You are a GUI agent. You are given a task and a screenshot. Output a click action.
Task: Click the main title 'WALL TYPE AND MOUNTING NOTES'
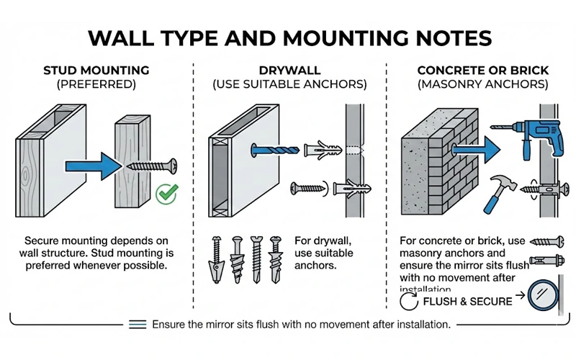pos(288,38)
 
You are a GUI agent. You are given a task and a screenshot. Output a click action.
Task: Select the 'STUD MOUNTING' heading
pos(96,70)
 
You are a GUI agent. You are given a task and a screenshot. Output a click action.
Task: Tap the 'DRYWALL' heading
pos(289,70)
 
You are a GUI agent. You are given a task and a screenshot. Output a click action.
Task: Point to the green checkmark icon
pos(167,192)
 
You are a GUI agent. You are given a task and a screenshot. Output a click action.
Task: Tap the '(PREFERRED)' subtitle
pos(96,84)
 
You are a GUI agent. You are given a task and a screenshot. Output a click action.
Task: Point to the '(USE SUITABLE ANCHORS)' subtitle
pos(289,84)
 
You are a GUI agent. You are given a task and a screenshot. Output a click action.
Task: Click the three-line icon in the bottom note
pos(138,325)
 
